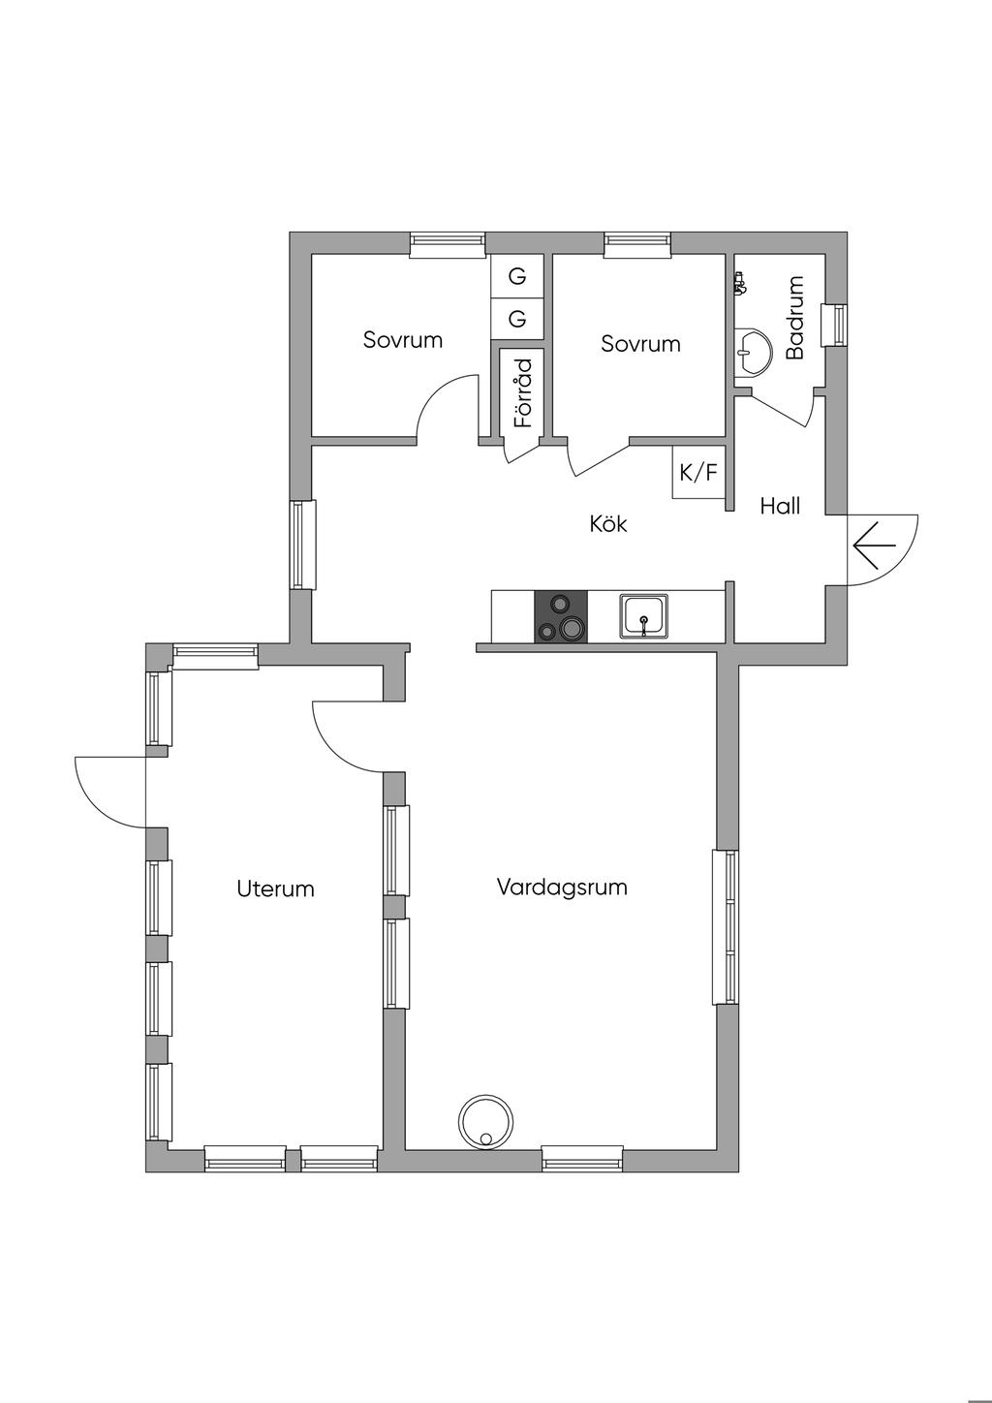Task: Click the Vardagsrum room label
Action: coord(562,887)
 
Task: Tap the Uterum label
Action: coord(275,889)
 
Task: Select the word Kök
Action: coord(608,523)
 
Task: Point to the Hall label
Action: coord(780,505)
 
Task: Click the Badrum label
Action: coord(795,318)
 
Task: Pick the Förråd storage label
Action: coord(523,393)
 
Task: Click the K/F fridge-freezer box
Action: coord(698,473)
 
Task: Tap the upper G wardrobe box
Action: coord(517,277)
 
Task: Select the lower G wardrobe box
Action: coord(517,319)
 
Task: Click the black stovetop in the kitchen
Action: coord(561,616)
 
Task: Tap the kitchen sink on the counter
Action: coord(643,617)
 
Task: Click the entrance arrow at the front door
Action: coord(874,546)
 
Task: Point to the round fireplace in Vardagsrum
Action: coord(485,1122)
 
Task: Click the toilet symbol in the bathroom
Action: coord(741,283)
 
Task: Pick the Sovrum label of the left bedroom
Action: coord(403,340)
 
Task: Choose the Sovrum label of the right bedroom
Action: coord(640,343)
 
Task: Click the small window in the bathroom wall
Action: coord(834,325)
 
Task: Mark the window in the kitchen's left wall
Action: coord(303,545)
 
